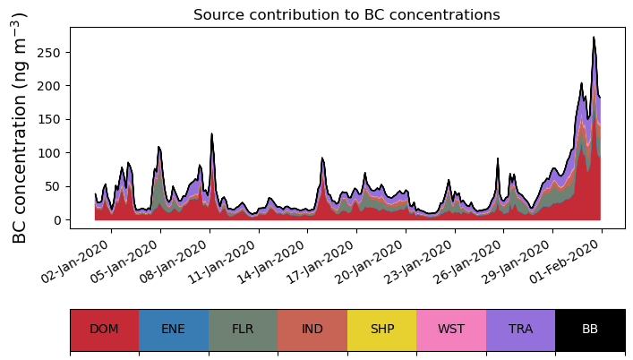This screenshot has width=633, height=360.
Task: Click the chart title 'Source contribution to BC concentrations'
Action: coord(346,15)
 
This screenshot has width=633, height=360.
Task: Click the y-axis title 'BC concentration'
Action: coord(20,128)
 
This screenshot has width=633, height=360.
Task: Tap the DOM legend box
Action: coord(104,330)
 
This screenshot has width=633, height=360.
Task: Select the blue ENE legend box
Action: coord(174,330)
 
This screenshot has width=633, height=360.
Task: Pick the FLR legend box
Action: coord(243,330)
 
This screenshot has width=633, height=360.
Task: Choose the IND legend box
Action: coord(312,330)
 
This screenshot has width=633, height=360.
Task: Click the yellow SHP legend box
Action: coord(381,330)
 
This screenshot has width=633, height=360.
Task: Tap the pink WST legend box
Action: coord(451,330)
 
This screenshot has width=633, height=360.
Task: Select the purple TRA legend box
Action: coord(520,330)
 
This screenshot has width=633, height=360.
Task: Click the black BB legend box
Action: coord(590,330)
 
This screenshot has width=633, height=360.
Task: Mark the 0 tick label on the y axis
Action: coord(59,220)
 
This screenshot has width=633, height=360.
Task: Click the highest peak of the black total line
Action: coord(594,38)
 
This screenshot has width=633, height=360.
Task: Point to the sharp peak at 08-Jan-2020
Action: coord(211,133)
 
